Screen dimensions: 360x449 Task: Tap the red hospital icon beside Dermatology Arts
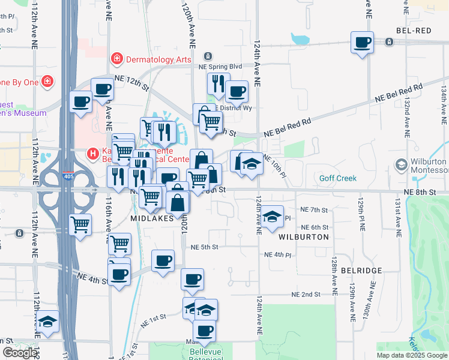(x=116, y=59)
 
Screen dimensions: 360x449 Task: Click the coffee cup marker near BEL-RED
(x=362, y=43)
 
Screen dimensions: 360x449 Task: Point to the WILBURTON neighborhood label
(x=304, y=237)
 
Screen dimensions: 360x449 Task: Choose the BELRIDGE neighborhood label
(x=361, y=271)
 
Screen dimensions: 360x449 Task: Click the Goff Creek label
(x=338, y=178)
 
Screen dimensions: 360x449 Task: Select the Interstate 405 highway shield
(x=68, y=177)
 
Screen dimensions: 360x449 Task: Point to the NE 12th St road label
(x=131, y=83)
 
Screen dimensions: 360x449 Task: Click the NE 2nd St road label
(x=306, y=295)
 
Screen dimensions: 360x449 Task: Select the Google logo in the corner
(x=20, y=353)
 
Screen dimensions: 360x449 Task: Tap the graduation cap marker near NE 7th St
(x=272, y=217)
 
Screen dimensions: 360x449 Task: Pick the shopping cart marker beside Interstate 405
(x=80, y=225)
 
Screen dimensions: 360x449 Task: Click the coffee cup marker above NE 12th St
(x=102, y=89)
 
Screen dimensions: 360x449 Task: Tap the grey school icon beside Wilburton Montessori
(x=402, y=164)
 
